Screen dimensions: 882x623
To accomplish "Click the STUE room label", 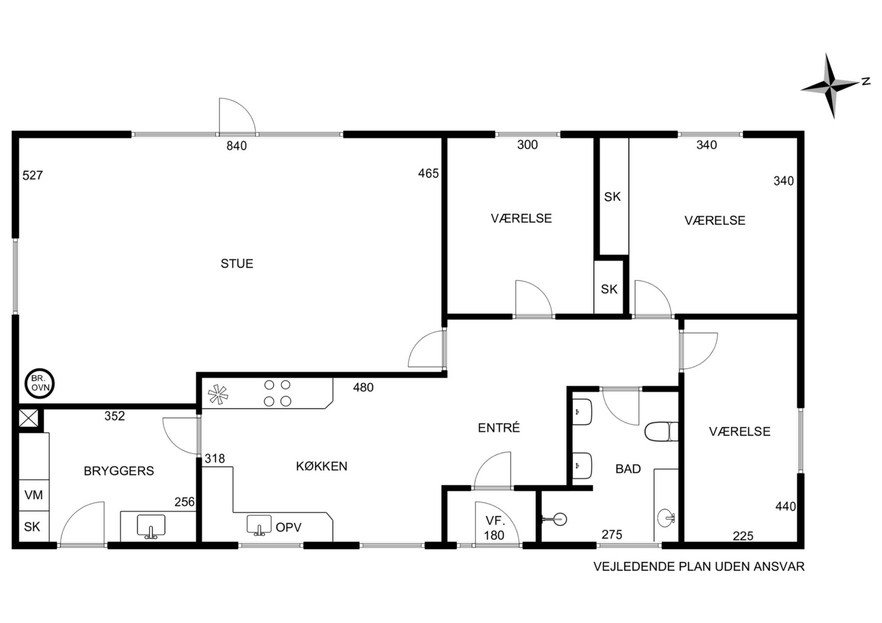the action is click(237, 263).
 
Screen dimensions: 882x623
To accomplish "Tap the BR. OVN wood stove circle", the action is click(40, 384).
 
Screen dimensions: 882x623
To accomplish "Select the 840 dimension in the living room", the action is click(237, 146).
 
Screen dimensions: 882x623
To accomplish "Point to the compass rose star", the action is click(830, 85).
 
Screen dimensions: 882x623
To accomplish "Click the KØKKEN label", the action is click(322, 466).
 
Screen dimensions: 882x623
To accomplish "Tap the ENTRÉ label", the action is click(499, 427).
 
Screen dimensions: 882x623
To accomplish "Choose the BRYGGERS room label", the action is click(119, 471).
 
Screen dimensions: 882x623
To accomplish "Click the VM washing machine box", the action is click(34, 495).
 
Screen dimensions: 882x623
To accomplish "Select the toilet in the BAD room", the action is click(661, 432).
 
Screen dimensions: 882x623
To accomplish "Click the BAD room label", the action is click(628, 468).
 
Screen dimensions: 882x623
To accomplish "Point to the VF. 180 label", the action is click(495, 528).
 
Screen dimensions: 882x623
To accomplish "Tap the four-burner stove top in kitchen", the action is click(277, 393).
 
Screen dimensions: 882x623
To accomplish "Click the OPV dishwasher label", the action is click(289, 527).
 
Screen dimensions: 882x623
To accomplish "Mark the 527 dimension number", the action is click(33, 175).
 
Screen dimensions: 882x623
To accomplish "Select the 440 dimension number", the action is click(786, 506).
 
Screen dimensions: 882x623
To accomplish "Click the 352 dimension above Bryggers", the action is click(115, 416).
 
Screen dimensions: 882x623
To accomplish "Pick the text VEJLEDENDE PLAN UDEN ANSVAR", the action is click(699, 567).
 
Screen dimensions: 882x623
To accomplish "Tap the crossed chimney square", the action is click(28, 418).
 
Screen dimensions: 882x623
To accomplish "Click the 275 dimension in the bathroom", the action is click(612, 535).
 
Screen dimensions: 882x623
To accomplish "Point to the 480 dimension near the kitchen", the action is click(363, 388).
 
